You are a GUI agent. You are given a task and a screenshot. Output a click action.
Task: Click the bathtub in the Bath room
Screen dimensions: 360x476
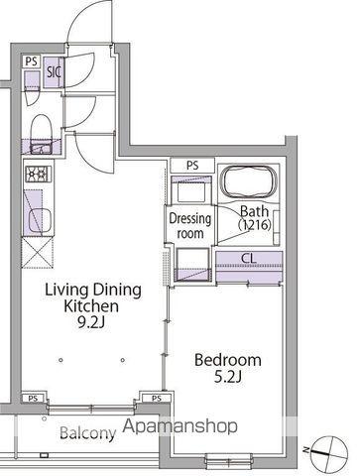249,182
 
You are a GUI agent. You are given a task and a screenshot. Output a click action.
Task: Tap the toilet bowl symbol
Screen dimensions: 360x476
41,128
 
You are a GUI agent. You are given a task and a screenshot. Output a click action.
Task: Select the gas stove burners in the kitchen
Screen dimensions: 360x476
39,174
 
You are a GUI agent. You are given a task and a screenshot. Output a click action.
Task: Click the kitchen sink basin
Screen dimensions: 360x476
40,220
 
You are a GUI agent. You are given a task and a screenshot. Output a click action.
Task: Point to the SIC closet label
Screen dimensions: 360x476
54,72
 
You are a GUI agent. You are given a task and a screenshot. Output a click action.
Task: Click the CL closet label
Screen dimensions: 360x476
249,258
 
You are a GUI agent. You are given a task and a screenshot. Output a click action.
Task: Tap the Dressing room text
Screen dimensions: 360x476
189,226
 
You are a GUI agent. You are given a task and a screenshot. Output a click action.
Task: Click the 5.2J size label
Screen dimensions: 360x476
228,377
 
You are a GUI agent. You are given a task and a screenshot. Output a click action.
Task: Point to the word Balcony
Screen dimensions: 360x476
88,432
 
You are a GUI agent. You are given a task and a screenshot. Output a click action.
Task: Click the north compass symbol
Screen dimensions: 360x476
330,451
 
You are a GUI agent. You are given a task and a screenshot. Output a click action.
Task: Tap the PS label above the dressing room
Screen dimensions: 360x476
192,165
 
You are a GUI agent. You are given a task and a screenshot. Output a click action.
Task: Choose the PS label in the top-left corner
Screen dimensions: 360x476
32,61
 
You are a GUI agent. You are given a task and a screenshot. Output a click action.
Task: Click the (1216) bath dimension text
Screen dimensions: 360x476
255,225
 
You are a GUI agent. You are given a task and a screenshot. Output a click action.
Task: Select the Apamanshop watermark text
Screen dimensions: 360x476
180,426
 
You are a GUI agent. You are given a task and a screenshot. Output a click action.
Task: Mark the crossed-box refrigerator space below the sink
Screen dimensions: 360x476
38,253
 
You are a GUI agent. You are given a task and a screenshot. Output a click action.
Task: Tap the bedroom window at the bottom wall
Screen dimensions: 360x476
229,460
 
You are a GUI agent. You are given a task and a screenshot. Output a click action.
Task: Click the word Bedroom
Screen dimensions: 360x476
228,360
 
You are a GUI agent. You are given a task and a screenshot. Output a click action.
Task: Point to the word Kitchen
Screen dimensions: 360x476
91,306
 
